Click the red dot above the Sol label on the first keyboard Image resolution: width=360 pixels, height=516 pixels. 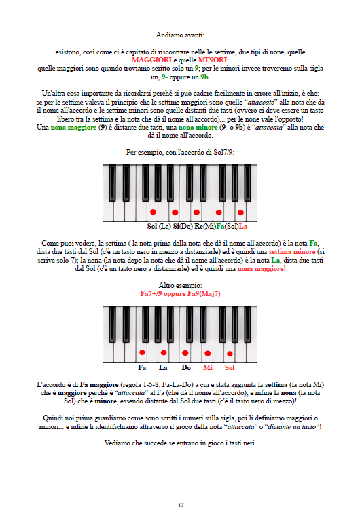click(x=153, y=212)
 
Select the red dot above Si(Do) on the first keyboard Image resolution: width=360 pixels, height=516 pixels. click(x=175, y=212)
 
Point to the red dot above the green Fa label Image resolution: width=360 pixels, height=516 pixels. click(x=219, y=212)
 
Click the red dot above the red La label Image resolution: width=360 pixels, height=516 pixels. click(x=240, y=212)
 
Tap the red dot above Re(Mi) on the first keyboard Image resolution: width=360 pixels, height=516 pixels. click(x=196, y=212)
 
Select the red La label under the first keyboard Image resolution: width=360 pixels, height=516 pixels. click(x=243, y=226)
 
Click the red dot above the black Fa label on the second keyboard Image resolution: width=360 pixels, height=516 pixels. click(x=142, y=352)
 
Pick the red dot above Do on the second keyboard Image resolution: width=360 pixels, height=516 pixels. click(x=185, y=352)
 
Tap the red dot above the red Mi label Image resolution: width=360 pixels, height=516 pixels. click(x=208, y=352)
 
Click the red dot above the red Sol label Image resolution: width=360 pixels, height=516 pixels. click(x=230, y=353)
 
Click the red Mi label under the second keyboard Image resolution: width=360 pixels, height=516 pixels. click(x=207, y=367)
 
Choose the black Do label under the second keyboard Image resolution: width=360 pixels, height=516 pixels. click(x=185, y=367)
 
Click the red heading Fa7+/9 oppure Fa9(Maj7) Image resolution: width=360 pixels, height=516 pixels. click(x=181, y=293)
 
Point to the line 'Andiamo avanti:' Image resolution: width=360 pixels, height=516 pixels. click(x=180, y=33)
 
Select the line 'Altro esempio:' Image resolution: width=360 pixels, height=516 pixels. click(x=180, y=285)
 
